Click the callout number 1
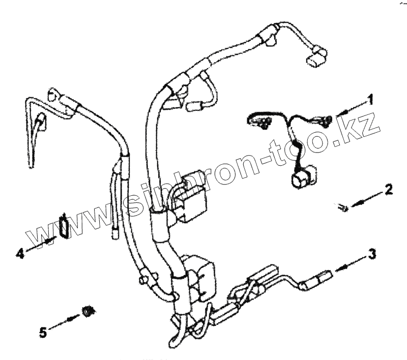(x=371, y=98)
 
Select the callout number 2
(x=388, y=190)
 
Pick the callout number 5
(x=43, y=333)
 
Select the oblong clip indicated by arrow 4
(x=64, y=225)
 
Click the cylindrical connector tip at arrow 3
(x=324, y=277)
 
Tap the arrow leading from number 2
(x=365, y=198)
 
